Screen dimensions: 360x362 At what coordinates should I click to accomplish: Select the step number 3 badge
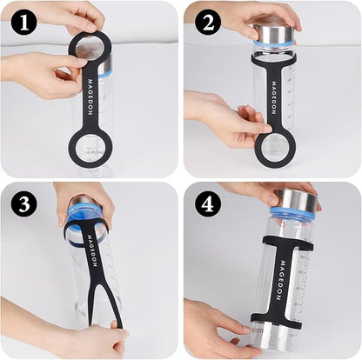tap(23, 203)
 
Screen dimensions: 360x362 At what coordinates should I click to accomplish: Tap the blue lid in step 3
tap(87, 212)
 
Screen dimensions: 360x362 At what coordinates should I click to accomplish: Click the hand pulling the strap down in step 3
tap(96, 339)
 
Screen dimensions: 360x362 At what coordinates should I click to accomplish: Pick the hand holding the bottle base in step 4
tap(218, 326)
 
